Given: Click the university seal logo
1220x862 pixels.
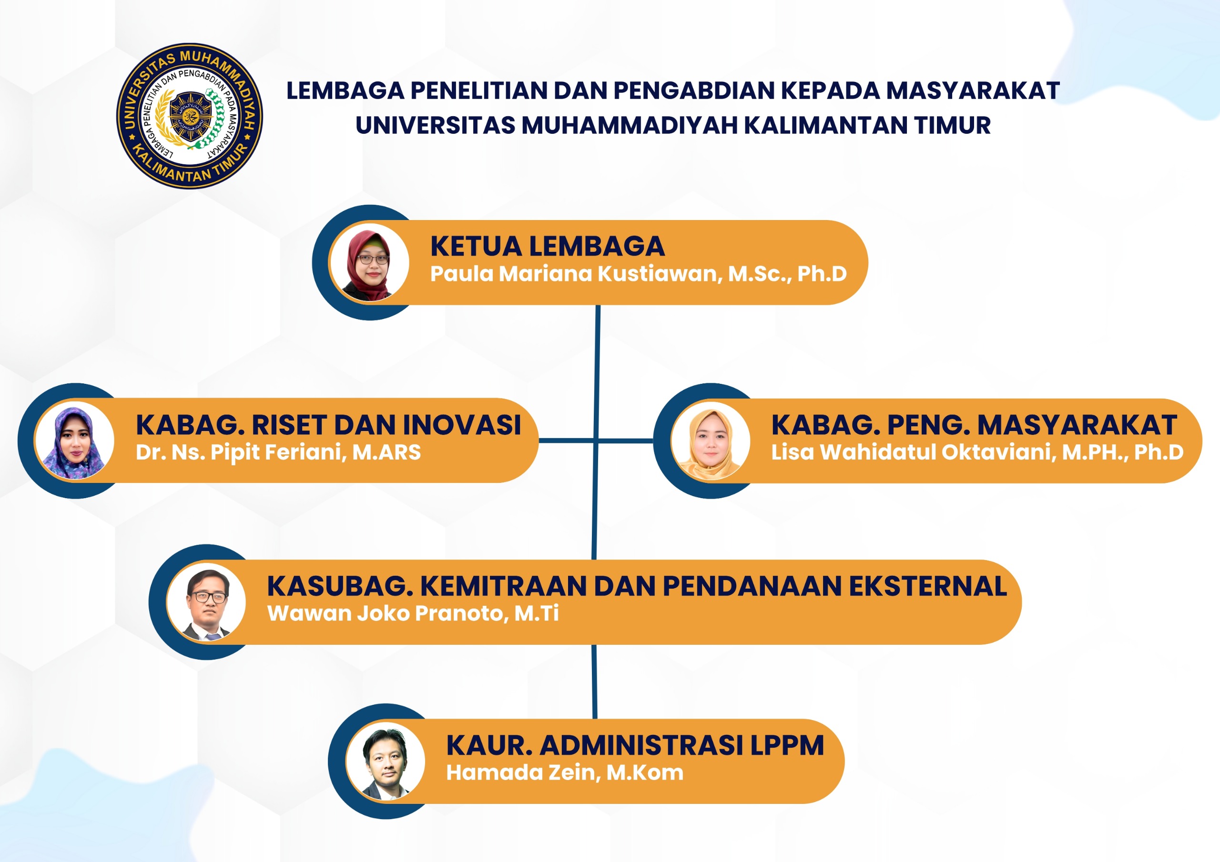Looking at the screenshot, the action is (190, 116).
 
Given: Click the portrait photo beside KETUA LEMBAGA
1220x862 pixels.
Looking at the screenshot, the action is (369, 262).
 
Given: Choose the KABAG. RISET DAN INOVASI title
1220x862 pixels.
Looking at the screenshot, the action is (328, 425).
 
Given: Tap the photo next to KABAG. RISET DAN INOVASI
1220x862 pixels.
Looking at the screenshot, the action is (74, 441).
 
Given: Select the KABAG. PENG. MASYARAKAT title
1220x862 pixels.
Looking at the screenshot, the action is (974, 425).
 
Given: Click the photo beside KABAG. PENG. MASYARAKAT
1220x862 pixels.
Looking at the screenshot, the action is (711, 441).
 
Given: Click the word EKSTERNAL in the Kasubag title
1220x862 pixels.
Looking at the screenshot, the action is (928, 586).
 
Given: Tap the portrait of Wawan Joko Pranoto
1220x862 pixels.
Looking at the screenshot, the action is (206, 602).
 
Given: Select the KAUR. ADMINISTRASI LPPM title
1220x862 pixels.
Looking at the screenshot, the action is (635, 745).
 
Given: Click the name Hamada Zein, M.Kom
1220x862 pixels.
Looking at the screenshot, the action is (565, 773).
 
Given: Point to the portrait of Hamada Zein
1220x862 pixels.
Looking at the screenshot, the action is (385, 761).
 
